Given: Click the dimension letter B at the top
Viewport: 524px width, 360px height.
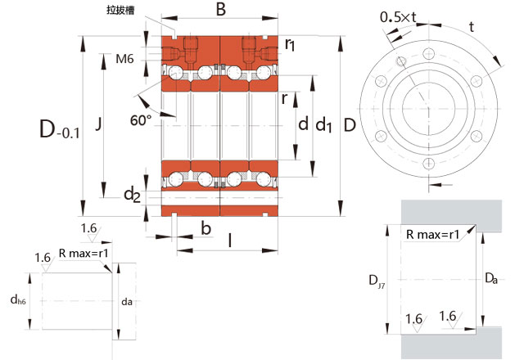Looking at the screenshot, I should pyautogui.click(x=220, y=10).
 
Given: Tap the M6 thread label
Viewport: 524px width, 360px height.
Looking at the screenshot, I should pyautogui.click(x=124, y=58).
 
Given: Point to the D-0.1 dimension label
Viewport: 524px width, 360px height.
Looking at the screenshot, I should pyautogui.click(x=59, y=128).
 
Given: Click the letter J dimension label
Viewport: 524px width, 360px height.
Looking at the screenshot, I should pyautogui.click(x=98, y=124).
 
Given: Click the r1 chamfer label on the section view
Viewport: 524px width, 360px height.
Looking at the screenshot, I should pyautogui.click(x=291, y=46).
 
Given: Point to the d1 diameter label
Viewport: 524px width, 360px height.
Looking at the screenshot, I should pyautogui.click(x=324, y=124).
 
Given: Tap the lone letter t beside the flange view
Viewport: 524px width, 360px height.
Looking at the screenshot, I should pyautogui.click(x=472, y=26).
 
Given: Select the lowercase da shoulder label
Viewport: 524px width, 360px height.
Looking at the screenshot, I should pyautogui.click(x=126, y=301).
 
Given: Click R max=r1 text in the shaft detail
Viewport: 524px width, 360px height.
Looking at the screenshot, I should pyautogui.click(x=84, y=254).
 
